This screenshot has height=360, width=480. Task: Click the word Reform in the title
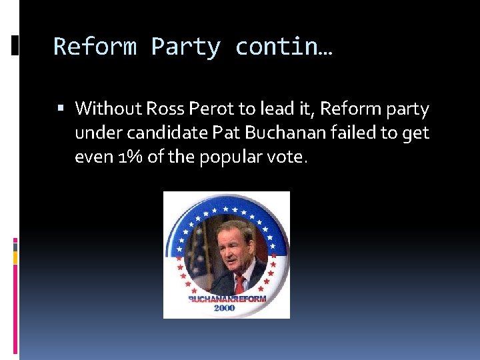94,47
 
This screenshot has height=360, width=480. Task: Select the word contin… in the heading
284,47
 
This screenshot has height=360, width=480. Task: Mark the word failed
357,133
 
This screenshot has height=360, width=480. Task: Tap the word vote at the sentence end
291,159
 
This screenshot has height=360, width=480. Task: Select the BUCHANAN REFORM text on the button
227,298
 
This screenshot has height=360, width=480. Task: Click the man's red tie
239,283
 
